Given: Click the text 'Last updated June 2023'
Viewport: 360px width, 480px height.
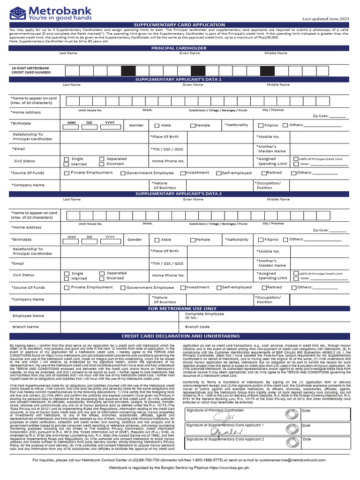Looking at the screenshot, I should [325, 19].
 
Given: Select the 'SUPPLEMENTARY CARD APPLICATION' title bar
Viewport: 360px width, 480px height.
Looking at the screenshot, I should [180, 25].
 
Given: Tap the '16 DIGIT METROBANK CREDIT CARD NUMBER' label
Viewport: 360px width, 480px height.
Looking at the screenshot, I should [30, 70].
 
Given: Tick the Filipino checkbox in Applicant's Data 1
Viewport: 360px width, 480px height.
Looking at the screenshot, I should [261, 126].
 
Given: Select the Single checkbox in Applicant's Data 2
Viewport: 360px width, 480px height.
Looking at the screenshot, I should [67, 274].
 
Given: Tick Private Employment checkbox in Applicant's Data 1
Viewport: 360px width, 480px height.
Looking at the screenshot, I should [67, 173].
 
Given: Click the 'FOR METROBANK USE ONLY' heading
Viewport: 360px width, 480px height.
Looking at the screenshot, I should [182, 309].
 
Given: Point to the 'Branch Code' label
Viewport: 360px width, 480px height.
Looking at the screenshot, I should [197, 327].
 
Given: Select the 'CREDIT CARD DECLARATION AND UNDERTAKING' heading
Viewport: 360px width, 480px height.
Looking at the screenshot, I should [180, 336].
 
